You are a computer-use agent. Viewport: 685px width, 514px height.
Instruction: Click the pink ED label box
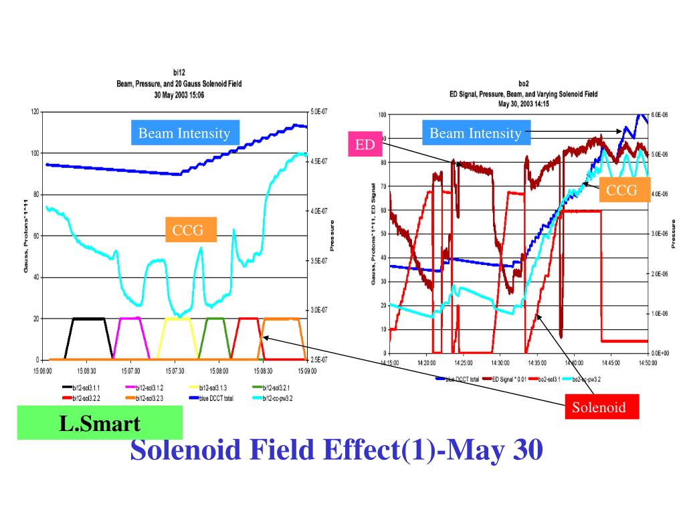pyautogui.click(x=365, y=145)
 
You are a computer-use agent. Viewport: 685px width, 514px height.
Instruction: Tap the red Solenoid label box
pyautogui.click(x=599, y=407)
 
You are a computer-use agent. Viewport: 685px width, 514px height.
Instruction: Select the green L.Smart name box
pyautogui.click(x=100, y=423)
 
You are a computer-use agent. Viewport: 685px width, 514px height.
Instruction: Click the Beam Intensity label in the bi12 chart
pyautogui.click(x=184, y=133)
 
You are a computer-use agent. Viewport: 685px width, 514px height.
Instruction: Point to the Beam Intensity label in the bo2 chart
pyautogui.click(x=475, y=133)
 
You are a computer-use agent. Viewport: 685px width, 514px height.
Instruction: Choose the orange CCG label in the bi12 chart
pyautogui.click(x=193, y=231)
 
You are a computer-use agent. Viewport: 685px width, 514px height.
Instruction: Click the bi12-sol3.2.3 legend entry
pyautogui.click(x=149, y=398)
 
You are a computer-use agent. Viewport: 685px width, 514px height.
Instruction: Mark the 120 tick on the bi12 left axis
pyautogui.click(x=34, y=112)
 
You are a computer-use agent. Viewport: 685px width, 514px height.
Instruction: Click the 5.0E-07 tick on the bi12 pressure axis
pyautogui.click(x=320, y=112)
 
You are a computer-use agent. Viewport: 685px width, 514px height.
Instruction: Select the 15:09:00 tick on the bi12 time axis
pyautogui.click(x=306, y=369)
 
